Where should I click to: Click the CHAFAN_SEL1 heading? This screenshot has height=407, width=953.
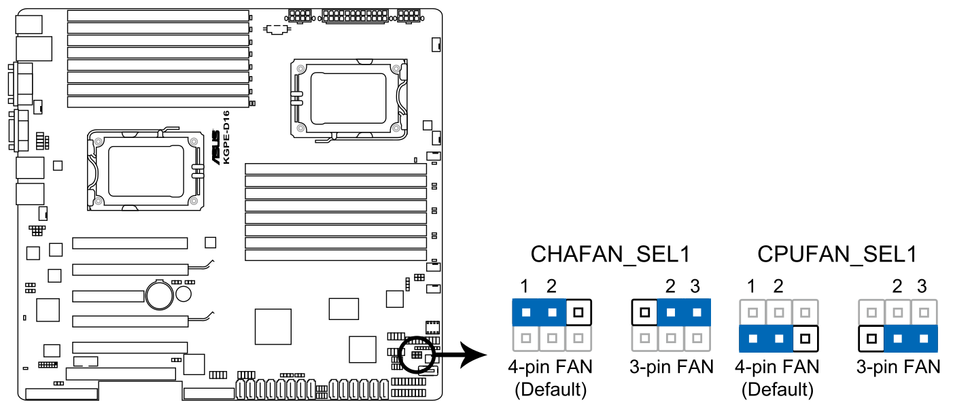coord(610,255)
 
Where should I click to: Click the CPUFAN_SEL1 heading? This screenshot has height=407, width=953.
coord(837,255)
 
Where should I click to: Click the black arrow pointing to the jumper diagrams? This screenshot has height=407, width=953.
coord(462,355)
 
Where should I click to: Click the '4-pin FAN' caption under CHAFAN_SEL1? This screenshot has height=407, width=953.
coord(551,368)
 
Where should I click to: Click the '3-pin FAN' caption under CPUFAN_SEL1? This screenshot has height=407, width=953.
coord(898,368)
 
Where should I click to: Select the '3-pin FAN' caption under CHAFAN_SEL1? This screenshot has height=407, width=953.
coord(672,368)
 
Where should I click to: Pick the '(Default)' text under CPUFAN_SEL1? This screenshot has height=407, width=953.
coord(777,389)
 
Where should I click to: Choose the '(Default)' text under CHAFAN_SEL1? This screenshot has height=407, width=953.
coord(551,389)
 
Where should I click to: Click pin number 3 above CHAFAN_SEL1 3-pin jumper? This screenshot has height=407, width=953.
coord(695,285)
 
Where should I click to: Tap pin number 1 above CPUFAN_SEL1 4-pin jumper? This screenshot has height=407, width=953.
coord(751,285)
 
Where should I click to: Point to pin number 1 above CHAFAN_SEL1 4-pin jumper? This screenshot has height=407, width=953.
coord(525,285)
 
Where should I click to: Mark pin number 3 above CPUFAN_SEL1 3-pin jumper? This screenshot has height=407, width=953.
coord(922,285)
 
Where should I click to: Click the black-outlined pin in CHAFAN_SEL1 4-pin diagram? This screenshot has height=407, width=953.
coord(578,313)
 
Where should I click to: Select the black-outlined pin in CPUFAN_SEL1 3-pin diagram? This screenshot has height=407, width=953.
coord(871,337)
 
